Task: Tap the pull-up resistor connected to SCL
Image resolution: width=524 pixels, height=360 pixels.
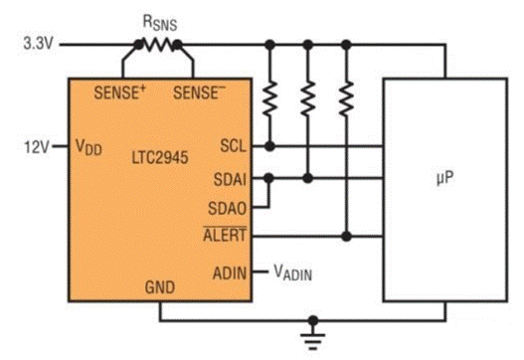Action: pyautogui.click(x=268, y=97)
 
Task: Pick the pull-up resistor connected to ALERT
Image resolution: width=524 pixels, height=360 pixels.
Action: pyautogui.click(x=345, y=97)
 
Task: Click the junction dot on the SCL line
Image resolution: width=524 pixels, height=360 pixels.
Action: pyautogui.click(x=268, y=146)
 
